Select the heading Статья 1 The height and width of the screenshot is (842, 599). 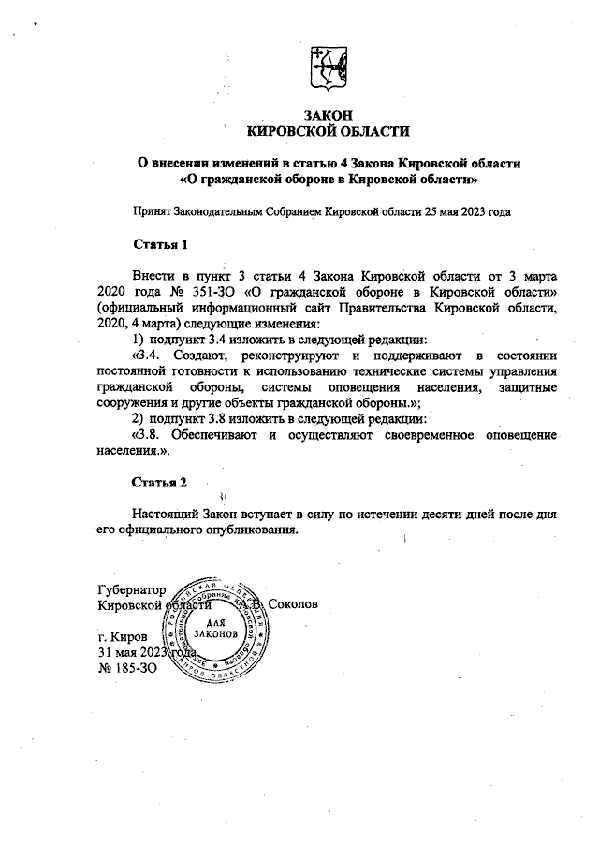click(x=160, y=245)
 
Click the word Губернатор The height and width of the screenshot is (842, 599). click(x=131, y=590)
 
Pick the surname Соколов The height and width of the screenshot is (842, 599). click(x=293, y=605)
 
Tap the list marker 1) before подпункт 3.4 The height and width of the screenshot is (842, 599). click(x=139, y=341)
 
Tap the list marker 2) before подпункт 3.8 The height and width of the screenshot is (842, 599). click(x=139, y=420)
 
